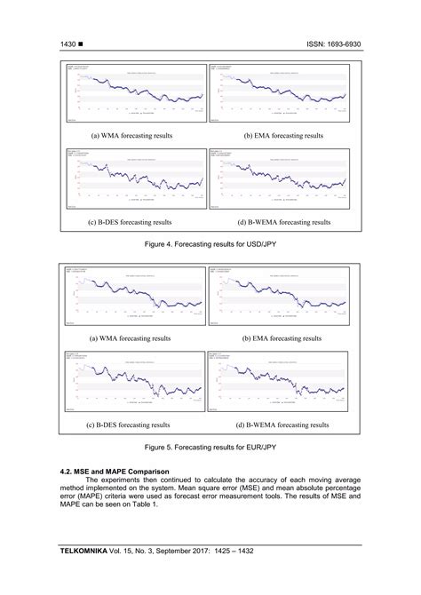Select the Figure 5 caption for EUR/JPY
click(x=210, y=448)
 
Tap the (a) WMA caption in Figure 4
click(x=131, y=136)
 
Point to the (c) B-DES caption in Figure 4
click(x=130, y=222)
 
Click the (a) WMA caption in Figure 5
click(x=131, y=338)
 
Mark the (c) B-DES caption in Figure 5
click(x=130, y=425)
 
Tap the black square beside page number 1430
click(x=82, y=42)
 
